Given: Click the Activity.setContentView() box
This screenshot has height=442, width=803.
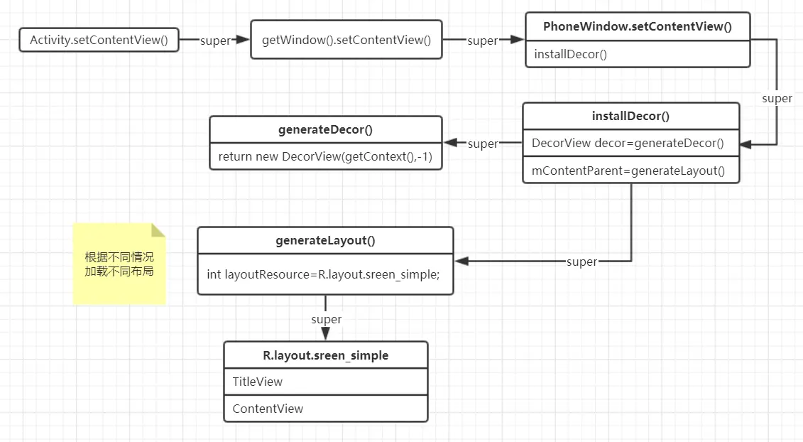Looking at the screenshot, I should tap(99, 41).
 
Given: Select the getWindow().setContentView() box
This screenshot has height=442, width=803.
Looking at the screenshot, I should tap(346, 40).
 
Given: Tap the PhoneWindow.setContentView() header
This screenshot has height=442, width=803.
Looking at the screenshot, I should tap(637, 27).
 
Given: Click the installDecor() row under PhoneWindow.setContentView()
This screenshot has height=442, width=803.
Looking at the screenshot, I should tap(637, 54).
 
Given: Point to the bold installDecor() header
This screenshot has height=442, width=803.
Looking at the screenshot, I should tap(630, 117).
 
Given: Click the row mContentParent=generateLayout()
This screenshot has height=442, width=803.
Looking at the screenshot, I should tap(630, 170).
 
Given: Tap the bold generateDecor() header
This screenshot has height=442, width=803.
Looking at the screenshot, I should tap(325, 129).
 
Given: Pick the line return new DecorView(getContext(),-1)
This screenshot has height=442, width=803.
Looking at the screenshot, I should tap(325, 156).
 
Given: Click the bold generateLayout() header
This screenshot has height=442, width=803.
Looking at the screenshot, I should tap(325, 240).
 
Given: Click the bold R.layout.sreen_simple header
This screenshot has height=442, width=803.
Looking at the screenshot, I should tap(325, 355).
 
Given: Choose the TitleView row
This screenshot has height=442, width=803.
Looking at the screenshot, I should tap(325, 382).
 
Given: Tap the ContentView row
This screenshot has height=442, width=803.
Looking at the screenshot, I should tap(325, 409).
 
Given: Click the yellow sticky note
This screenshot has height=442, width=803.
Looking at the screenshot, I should tap(119, 264).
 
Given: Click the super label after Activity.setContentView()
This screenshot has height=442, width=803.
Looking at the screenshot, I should tap(215, 41).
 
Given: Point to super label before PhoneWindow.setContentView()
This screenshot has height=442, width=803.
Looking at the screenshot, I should tap(482, 41).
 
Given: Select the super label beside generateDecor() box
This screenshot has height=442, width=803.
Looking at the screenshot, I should tap(483, 144).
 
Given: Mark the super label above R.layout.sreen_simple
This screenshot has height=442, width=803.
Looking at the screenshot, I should tap(326, 319).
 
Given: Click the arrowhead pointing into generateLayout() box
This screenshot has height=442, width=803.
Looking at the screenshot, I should tap(459, 262).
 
